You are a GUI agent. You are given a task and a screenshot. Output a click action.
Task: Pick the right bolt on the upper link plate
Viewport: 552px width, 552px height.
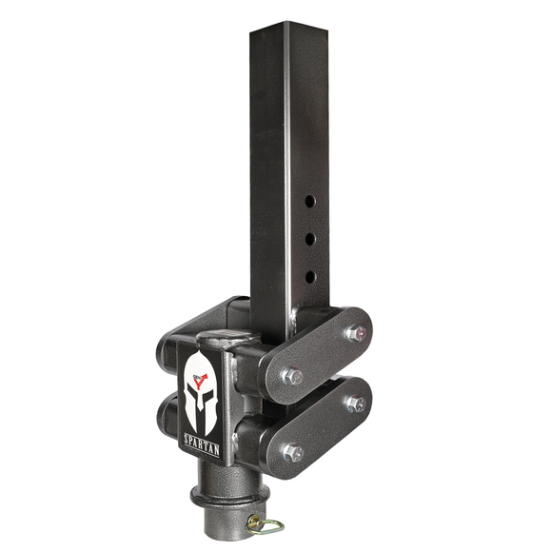pos(355,332)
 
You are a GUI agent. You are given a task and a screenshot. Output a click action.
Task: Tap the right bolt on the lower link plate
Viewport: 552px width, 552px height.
pos(355,404)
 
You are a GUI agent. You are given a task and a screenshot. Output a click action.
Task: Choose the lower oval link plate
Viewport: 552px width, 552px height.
pos(319,428)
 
